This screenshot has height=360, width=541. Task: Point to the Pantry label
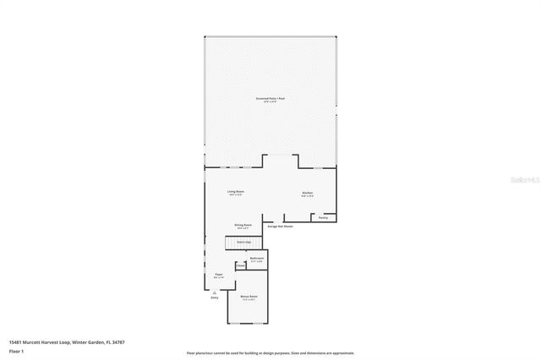[x=323, y=218]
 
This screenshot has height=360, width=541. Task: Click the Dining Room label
[x=243, y=226]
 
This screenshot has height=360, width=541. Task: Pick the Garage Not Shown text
[x=280, y=226]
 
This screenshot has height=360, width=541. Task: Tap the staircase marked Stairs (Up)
[x=243, y=243]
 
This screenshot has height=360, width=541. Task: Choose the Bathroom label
[x=257, y=259]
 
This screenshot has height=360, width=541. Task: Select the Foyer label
[x=219, y=275]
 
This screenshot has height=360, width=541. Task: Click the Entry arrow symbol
[x=214, y=291]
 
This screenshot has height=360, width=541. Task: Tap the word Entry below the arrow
[x=214, y=298]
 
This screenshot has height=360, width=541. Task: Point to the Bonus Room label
[x=249, y=297]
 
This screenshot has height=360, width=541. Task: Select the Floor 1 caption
[x=17, y=350]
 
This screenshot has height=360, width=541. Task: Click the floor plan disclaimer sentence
[x=270, y=353]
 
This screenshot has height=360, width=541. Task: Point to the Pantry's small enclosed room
[x=324, y=217]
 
